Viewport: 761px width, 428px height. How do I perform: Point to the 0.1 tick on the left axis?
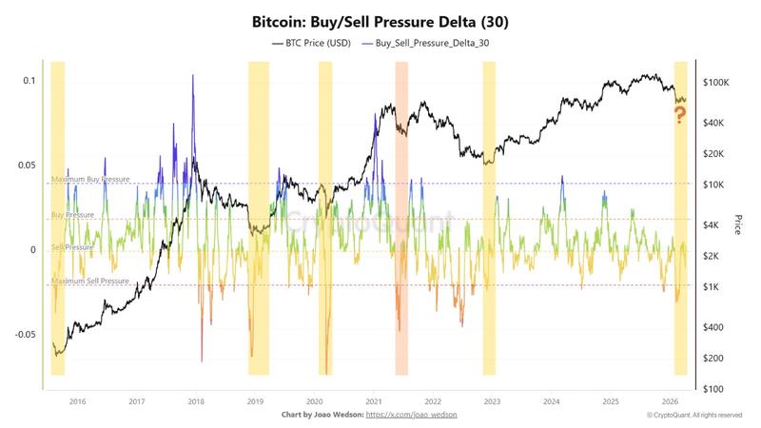[28, 81]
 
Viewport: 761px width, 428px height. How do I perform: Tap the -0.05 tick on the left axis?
[25, 334]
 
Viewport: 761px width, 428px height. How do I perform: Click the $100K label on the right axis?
[715, 84]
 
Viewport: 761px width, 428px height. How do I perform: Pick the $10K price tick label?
[713, 185]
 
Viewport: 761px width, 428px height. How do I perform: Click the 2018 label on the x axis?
[195, 401]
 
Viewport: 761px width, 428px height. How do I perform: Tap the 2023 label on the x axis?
[491, 401]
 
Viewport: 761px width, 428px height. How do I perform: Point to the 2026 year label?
[670, 401]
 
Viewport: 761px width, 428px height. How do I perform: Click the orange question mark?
[680, 116]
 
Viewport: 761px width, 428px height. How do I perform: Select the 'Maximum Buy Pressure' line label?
[90, 180]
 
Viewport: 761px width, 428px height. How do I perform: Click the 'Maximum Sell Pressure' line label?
[90, 282]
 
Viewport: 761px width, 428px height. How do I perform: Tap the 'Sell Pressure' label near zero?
[72, 246]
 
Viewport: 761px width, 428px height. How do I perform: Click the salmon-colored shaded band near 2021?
[401, 219]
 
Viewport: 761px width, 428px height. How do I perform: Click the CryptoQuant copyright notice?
[694, 416]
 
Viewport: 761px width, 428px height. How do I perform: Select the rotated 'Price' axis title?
[738, 224]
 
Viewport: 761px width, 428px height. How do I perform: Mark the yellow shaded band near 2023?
[489, 219]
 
